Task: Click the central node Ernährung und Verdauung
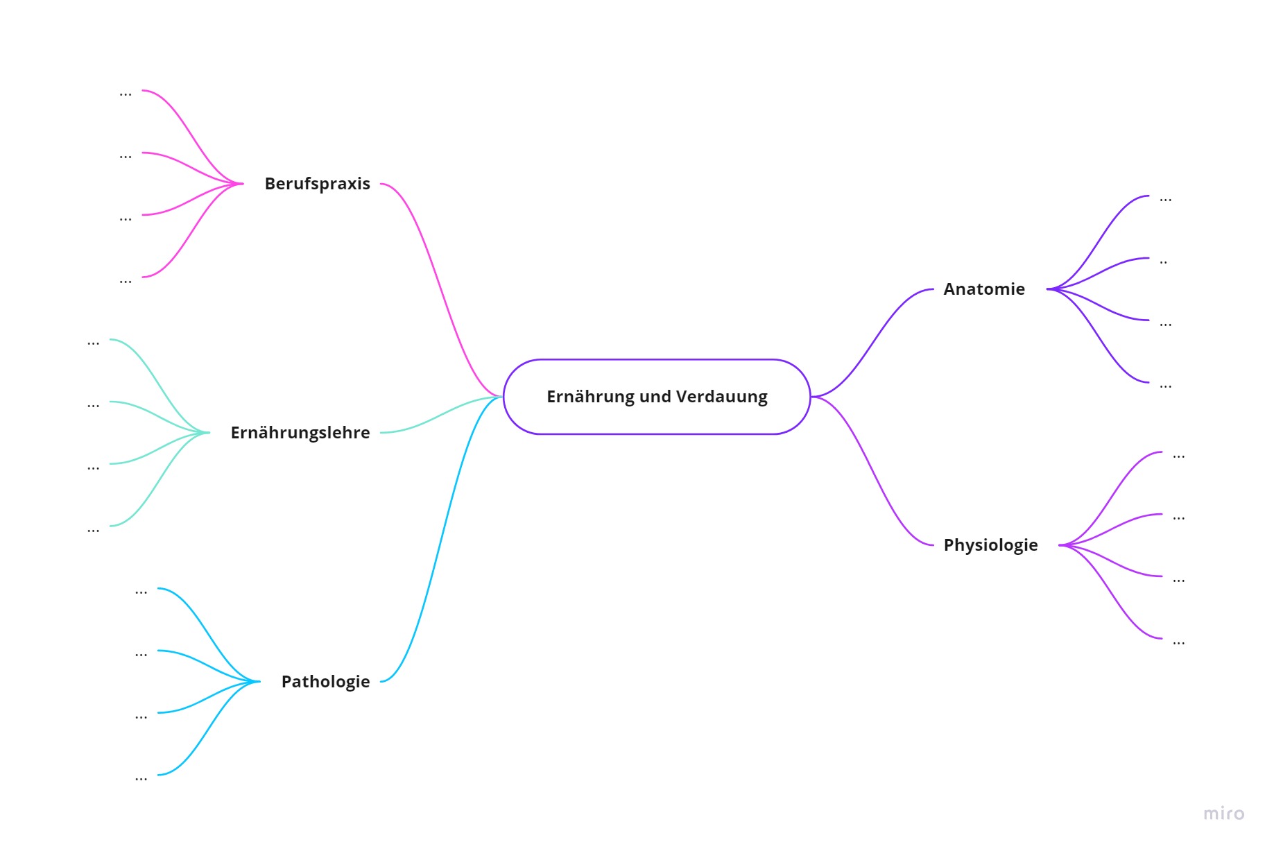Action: tap(657, 397)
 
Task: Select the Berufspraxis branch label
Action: tap(318, 184)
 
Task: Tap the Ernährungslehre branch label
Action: tap(300, 433)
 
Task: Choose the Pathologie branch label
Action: tap(326, 682)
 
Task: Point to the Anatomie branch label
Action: tap(984, 289)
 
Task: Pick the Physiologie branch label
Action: tap(991, 545)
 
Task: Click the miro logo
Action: tap(1224, 814)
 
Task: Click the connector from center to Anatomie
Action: tap(872, 343)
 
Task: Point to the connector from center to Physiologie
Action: tap(872, 471)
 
